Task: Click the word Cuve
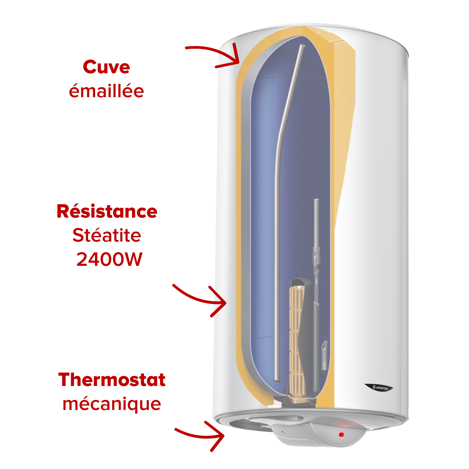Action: tap(106, 67)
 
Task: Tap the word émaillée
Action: tap(106, 91)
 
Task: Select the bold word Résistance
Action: tap(107, 211)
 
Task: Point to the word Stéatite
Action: tap(107, 235)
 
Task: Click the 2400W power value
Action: tap(109, 259)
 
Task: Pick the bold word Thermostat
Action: tap(112, 380)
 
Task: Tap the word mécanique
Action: tap(112, 404)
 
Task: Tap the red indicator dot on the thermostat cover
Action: tap(341, 435)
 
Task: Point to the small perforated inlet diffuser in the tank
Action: tap(324, 356)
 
